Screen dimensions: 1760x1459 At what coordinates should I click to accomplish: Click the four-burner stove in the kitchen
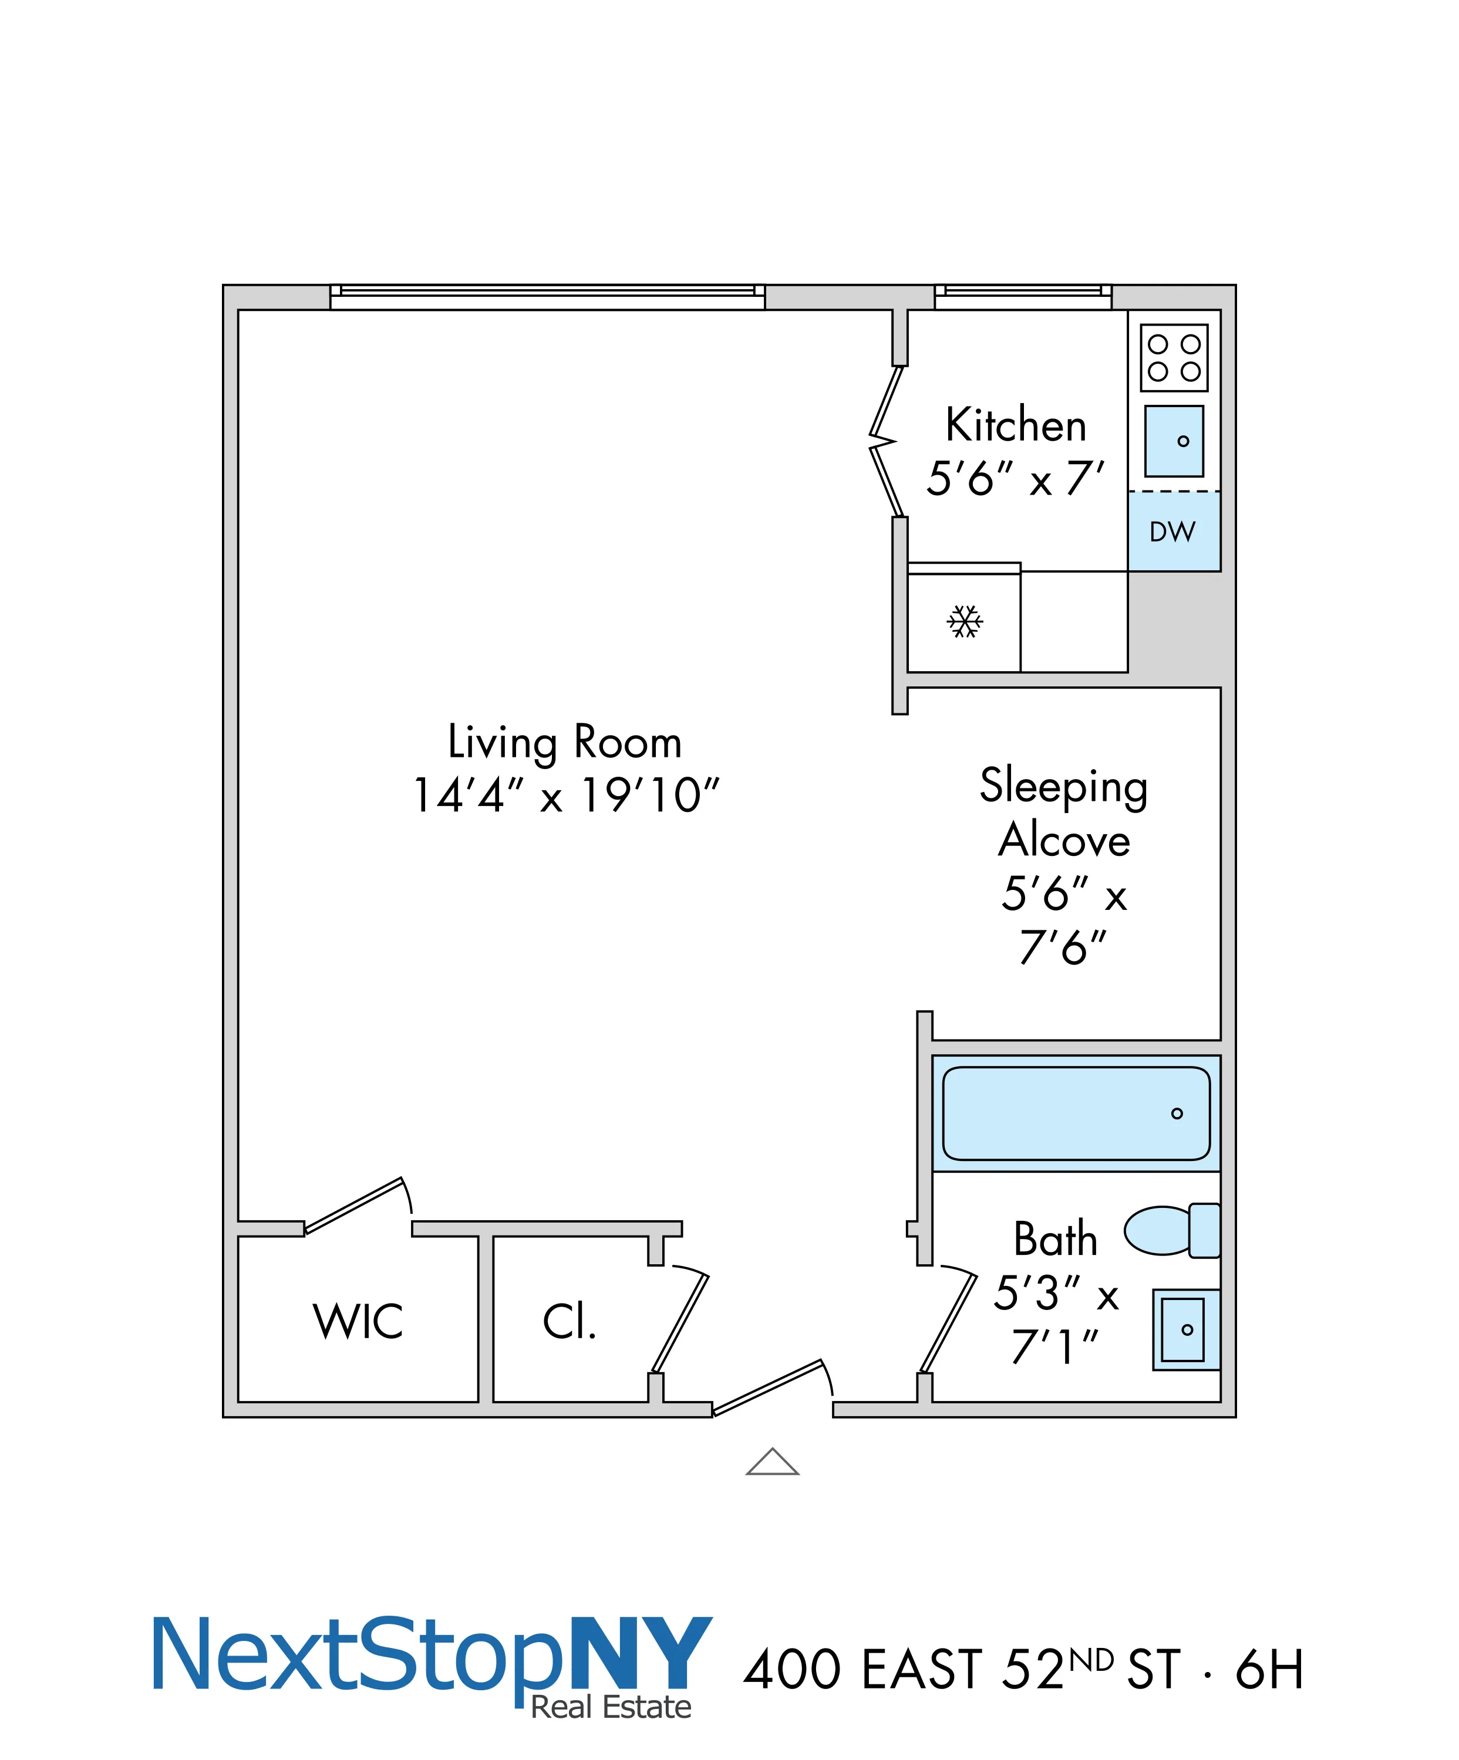(x=1174, y=358)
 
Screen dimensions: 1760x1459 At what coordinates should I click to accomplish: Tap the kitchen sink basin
(x=1174, y=441)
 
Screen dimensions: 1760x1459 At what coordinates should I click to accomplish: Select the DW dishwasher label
(x=1172, y=532)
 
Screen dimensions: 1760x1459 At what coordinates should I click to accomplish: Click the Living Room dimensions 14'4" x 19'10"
(x=566, y=796)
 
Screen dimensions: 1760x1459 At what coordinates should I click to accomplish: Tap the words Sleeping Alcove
(x=1063, y=813)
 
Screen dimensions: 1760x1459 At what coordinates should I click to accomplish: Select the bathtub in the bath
(x=1076, y=1113)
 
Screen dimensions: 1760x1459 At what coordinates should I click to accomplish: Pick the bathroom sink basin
(x=1182, y=1329)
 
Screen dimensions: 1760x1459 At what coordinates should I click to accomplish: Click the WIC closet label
(x=358, y=1322)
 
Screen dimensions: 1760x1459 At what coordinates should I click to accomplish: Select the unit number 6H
(x=1269, y=1670)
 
